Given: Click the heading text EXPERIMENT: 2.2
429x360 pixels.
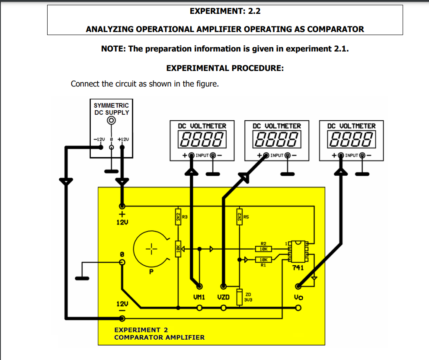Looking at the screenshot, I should click(x=225, y=11).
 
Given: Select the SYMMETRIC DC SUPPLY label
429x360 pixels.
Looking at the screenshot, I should click(x=112, y=109).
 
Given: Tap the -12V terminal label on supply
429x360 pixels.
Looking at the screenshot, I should click(x=99, y=139).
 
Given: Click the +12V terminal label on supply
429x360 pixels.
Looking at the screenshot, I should click(x=123, y=139).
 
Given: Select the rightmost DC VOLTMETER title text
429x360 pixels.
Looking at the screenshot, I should click(x=352, y=126).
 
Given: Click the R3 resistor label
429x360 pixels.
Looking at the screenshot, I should click(x=185, y=216).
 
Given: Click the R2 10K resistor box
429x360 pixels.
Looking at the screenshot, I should click(x=264, y=249).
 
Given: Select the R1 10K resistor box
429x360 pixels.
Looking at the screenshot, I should click(x=264, y=260).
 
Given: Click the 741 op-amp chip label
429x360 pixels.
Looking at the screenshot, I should click(x=298, y=268).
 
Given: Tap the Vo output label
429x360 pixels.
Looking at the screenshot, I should click(x=298, y=297).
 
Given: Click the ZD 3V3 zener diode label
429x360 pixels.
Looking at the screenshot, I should click(x=248, y=297).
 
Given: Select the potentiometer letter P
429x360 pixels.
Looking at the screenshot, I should click(x=152, y=272).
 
